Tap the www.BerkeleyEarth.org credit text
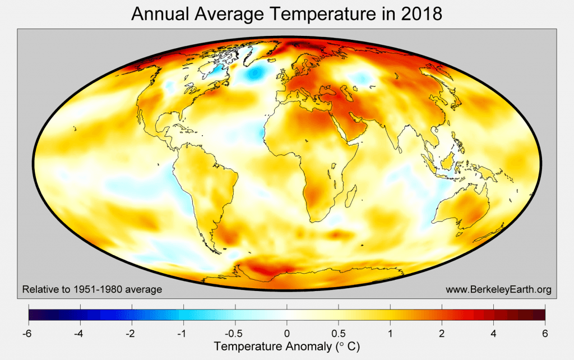(498, 289)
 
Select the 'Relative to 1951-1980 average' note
(92, 289)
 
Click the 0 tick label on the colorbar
(287, 334)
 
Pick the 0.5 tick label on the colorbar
(339, 334)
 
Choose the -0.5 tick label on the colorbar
(235, 334)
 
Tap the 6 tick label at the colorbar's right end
(545, 334)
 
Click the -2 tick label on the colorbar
(132, 334)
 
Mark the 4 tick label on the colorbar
(493, 334)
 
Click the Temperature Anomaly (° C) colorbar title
(286, 347)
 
